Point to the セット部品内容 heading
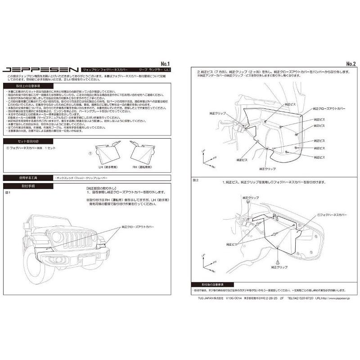(26, 141)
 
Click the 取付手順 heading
(27, 185)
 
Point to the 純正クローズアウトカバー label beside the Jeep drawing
(137, 228)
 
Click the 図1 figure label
(8, 192)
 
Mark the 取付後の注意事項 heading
(213, 285)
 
